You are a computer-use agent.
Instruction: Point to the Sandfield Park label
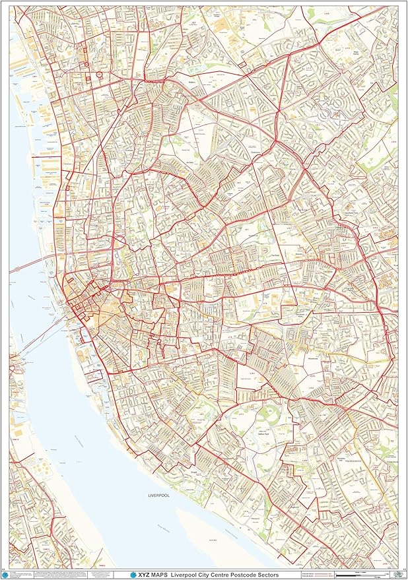348,213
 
